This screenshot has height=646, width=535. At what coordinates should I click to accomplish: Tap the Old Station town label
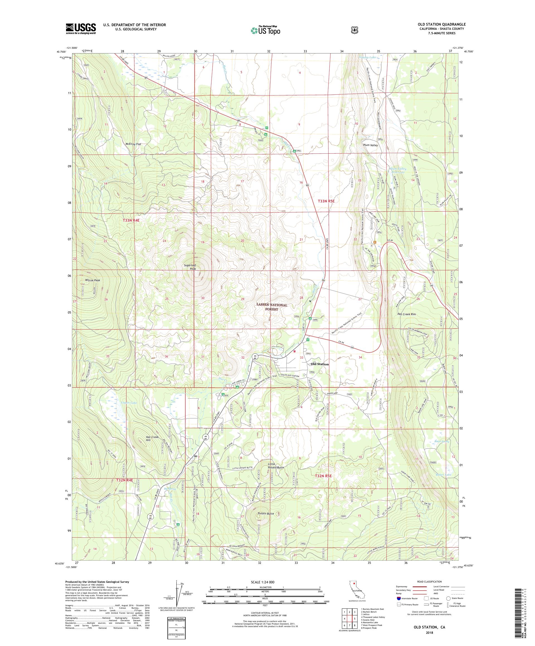click(x=320, y=364)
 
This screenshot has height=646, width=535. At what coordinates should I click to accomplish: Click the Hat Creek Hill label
click(x=152, y=439)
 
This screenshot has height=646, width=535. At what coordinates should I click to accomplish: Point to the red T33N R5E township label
click(x=329, y=201)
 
